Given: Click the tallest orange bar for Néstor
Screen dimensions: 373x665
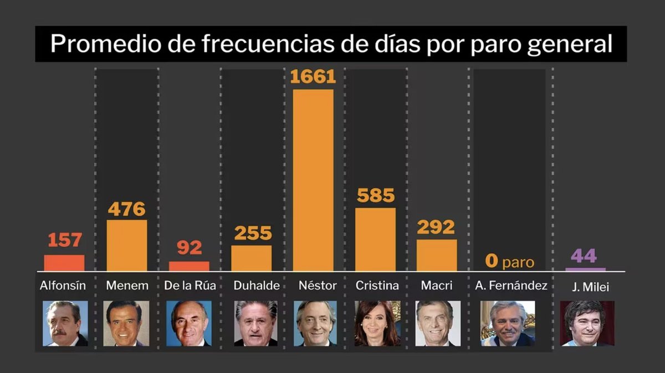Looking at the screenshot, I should (x=313, y=180).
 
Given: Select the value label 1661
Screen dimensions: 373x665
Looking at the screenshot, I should (x=313, y=76).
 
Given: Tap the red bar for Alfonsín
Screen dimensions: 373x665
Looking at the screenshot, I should (x=64, y=263).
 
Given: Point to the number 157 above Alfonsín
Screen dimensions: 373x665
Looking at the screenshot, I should (x=64, y=240).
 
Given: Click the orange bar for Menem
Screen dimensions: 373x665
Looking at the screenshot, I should (x=127, y=245).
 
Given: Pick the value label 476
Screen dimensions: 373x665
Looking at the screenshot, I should (x=127, y=209).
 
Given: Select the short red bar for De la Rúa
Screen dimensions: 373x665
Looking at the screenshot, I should (x=189, y=266).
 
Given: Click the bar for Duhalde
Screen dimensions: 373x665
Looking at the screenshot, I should (x=252, y=258).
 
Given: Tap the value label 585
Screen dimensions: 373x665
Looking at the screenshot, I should (x=375, y=195).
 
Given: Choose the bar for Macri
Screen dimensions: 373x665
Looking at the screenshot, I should (x=437, y=255).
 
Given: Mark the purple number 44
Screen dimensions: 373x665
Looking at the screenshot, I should (x=584, y=256).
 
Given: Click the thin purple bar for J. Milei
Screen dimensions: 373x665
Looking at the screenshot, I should (x=585, y=269).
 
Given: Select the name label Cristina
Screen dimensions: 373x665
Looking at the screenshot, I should (x=377, y=286).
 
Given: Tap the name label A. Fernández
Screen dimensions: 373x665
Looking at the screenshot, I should (x=511, y=286).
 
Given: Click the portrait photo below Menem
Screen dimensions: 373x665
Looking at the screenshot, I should (x=126, y=323).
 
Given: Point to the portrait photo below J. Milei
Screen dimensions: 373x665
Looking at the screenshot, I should (x=587, y=323).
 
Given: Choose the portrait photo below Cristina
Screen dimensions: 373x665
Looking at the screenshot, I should (x=377, y=323).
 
